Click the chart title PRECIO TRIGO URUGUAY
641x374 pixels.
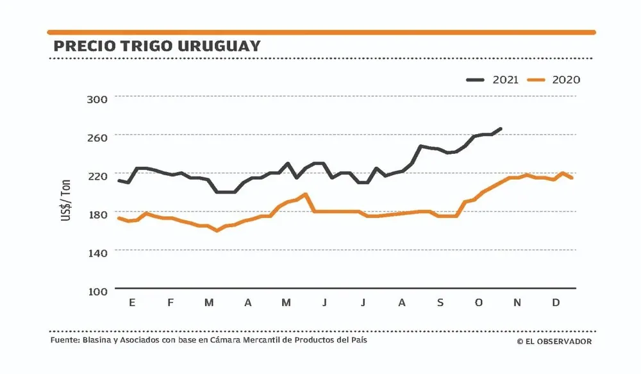(x=157, y=46)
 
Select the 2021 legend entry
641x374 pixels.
(x=492, y=80)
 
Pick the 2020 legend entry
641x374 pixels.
(x=553, y=80)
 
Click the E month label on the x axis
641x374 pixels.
(x=132, y=302)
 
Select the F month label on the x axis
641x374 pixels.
(x=171, y=302)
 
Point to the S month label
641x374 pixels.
(x=440, y=302)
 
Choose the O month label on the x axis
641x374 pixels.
(x=479, y=302)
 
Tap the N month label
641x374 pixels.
(x=517, y=302)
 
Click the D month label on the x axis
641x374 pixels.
(x=556, y=302)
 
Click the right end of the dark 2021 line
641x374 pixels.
(x=501, y=129)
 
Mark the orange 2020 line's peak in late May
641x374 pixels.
(x=306, y=194)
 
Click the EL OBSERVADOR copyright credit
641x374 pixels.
(x=554, y=341)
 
